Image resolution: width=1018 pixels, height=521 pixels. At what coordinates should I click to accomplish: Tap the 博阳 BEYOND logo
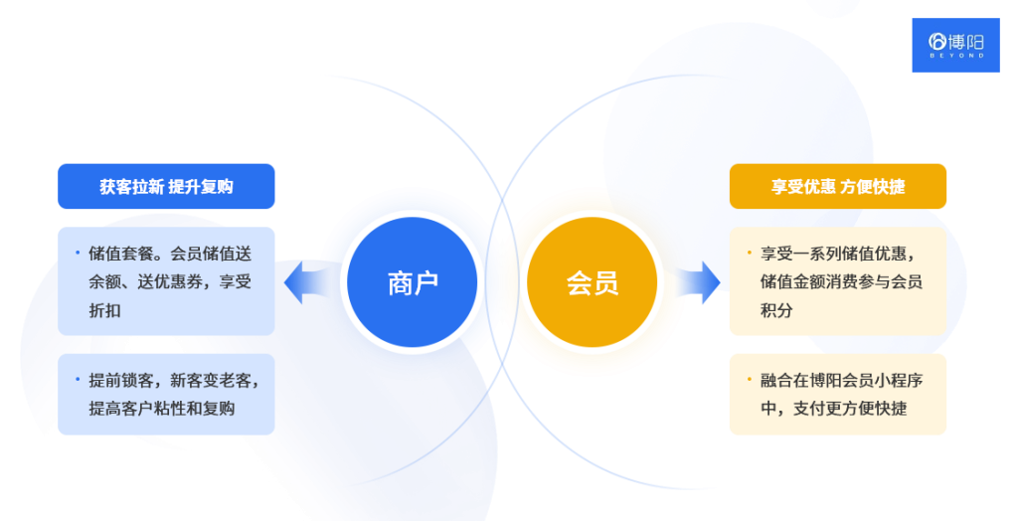(955, 45)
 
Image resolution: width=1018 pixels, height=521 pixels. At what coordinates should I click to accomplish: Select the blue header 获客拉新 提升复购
(166, 186)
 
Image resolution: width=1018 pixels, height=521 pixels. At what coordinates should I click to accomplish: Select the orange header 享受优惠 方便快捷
(837, 186)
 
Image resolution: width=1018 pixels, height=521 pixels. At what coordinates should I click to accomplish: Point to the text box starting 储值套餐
(166, 281)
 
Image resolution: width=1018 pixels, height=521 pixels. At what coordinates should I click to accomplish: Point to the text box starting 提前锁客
(166, 394)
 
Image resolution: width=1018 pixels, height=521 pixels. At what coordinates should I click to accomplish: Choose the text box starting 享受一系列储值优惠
(837, 281)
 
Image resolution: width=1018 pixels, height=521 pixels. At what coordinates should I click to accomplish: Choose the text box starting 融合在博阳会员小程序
(837, 394)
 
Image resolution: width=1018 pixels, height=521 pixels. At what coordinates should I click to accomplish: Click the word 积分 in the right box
(776, 310)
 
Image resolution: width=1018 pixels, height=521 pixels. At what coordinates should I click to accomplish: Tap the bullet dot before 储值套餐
(78, 252)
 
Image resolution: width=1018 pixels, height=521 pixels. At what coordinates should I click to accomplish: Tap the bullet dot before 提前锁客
(78, 378)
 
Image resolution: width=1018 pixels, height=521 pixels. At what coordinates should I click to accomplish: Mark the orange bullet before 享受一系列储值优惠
(749, 252)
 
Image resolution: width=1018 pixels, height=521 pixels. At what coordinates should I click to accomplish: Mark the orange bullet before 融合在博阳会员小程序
(749, 378)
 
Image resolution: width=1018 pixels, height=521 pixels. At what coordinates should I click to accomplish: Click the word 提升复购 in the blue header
(201, 186)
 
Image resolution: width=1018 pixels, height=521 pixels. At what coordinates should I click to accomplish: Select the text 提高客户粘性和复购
(162, 408)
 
